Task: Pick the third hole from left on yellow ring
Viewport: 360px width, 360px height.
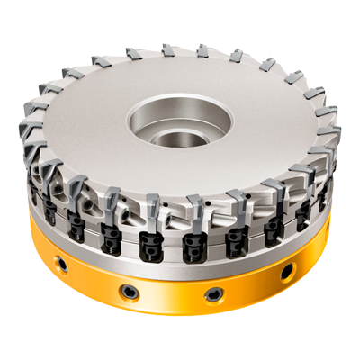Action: tap(213, 292)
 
